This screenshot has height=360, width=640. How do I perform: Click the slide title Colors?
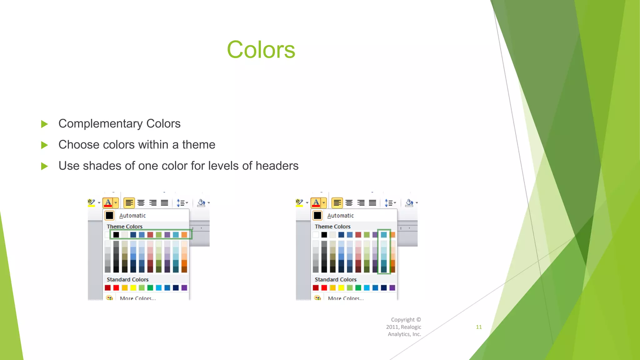pos(261,50)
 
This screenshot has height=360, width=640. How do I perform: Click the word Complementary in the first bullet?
pos(100,124)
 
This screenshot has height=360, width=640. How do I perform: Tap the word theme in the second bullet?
pos(199,145)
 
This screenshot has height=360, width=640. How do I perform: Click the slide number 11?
pos(479,327)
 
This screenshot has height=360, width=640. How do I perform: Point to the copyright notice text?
pos(404,327)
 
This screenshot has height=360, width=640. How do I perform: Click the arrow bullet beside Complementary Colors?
pos(44,124)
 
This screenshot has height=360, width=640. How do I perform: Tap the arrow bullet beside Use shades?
pos(44,166)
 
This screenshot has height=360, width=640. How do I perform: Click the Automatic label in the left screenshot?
pos(132,216)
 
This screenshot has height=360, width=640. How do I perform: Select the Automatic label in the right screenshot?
pos(340,216)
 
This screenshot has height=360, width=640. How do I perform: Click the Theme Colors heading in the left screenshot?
pos(124,227)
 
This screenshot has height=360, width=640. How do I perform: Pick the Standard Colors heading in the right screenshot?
pos(335,280)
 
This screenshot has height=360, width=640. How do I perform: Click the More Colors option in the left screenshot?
pos(137,298)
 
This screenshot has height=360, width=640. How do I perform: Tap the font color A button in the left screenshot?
pos(108,203)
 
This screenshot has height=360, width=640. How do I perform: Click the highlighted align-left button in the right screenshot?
pos(337,203)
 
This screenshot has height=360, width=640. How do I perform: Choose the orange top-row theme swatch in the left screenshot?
pos(184,235)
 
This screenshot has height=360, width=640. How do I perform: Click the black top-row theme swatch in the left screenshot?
pos(116,235)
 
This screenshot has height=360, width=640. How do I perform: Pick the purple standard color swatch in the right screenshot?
pos(392,288)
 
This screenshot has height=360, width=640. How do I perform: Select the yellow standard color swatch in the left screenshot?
pos(133,288)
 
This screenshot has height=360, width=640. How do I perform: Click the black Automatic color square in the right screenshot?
pos(317,216)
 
